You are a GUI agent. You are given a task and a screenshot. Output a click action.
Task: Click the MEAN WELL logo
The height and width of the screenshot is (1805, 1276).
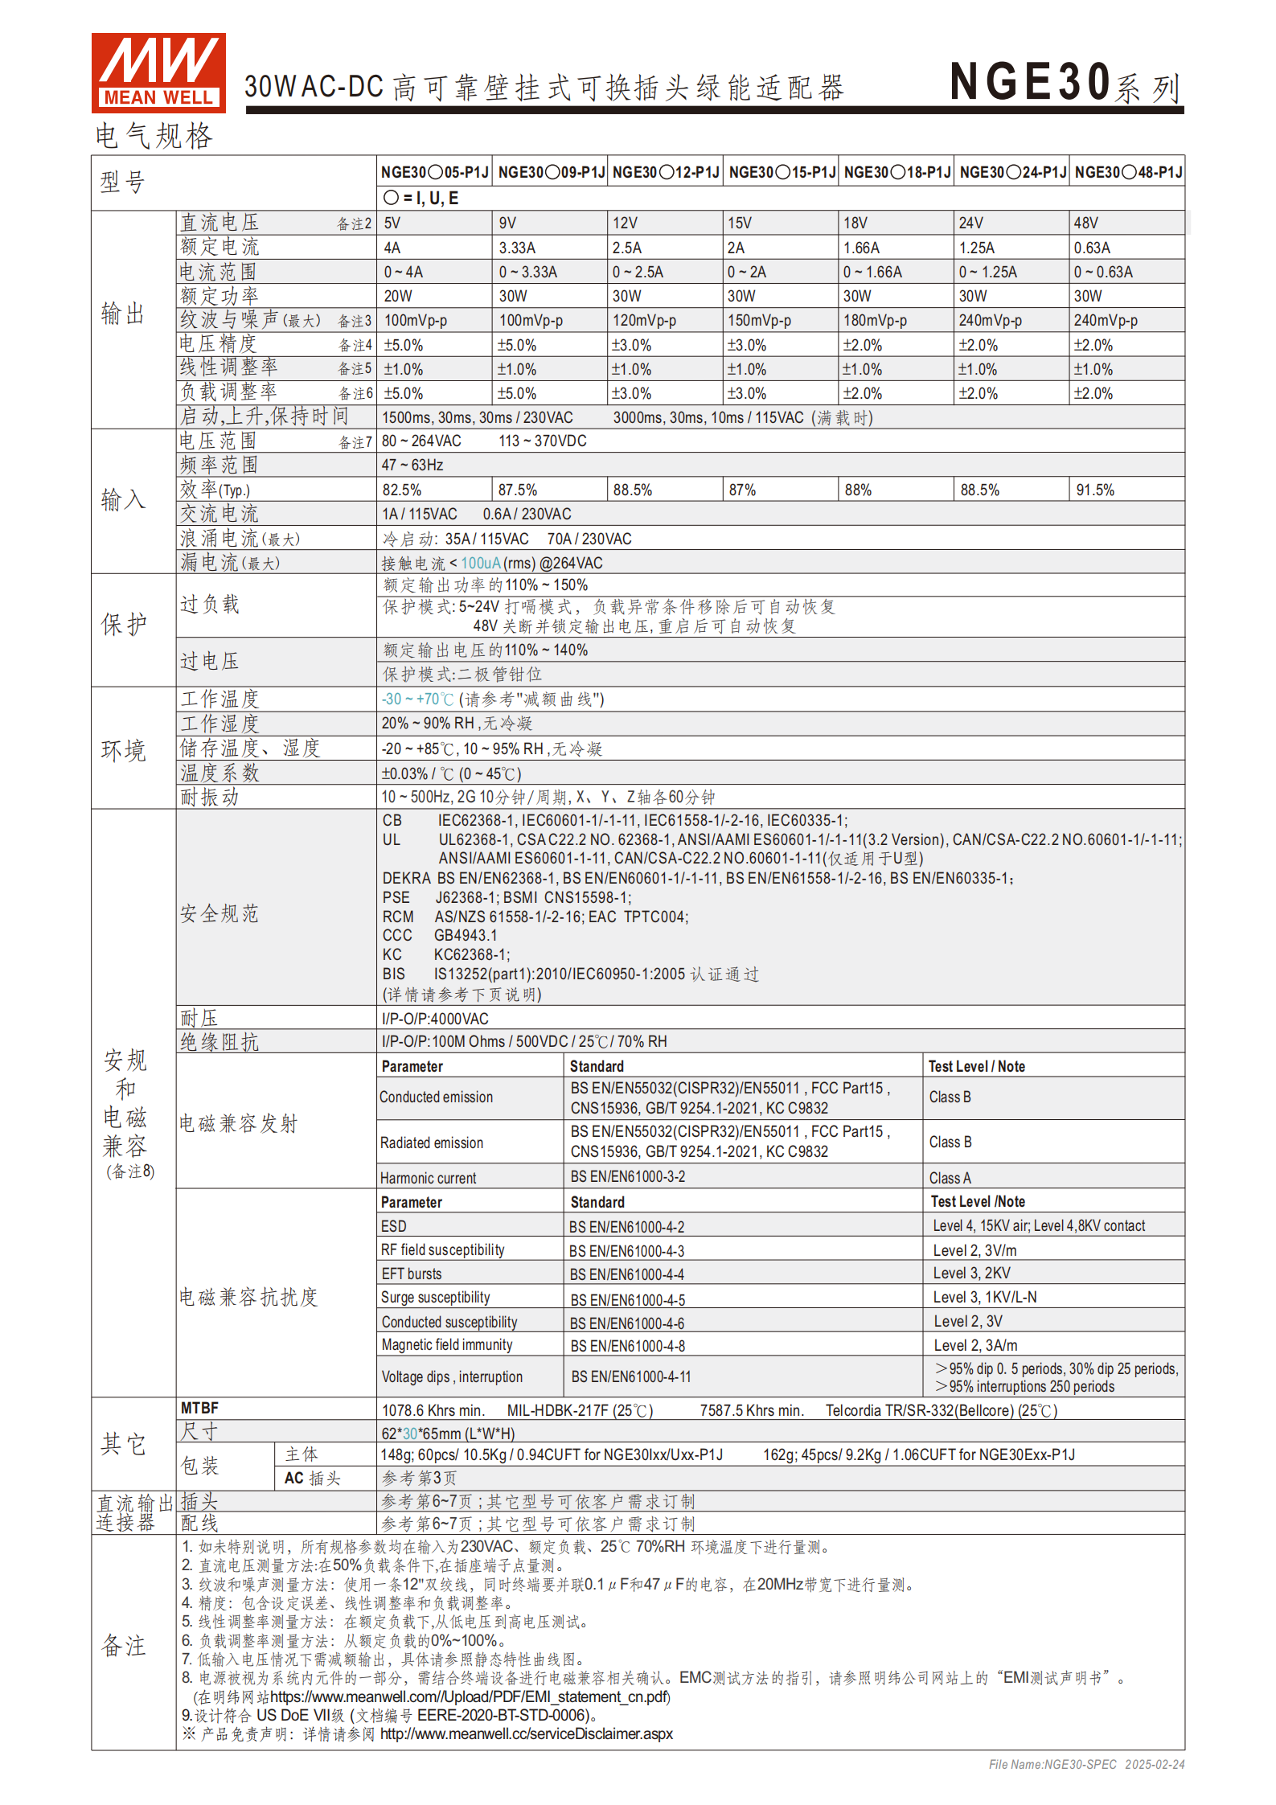click(x=158, y=72)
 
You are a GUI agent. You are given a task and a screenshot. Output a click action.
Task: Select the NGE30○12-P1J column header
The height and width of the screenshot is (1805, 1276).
click(x=666, y=172)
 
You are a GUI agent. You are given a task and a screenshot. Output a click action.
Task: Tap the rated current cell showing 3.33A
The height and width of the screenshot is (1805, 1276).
click(x=517, y=248)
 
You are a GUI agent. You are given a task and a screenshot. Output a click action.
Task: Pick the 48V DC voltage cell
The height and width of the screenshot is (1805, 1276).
click(x=1085, y=223)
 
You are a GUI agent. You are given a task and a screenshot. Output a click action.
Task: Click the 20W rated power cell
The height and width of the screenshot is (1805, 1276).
click(x=398, y=296)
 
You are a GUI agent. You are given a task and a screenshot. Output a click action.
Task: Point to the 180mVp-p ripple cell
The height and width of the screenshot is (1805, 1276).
click(x=875, y=320)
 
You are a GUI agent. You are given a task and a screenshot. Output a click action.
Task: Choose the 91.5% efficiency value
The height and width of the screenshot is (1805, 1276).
click(x=1095, y=490)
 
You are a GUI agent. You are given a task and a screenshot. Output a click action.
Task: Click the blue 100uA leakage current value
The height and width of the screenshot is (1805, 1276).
click(x=481, y=563)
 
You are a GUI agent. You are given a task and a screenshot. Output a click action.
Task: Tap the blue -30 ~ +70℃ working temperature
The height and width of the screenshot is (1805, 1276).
click(x=417, y=699)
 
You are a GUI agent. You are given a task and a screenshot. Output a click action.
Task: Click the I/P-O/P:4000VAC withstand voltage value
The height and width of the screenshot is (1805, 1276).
click(x=435, y=1019)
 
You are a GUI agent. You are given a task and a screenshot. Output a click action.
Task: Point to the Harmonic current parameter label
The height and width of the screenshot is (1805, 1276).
click(x=428, y=1178)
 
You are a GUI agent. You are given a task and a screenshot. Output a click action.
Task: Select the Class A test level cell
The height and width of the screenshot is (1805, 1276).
click(x=950, y=1178)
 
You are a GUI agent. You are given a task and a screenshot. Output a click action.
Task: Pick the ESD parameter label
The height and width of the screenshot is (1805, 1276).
click(x=394, y=1226)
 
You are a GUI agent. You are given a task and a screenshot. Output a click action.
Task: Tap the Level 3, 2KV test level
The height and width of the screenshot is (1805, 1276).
click(x=971, y=1274)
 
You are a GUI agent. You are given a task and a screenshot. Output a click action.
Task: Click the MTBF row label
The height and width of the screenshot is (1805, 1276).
click(x=199, y=1408)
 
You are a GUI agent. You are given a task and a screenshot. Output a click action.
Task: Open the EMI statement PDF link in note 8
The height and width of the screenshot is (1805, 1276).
click(x=470, y=1696)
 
